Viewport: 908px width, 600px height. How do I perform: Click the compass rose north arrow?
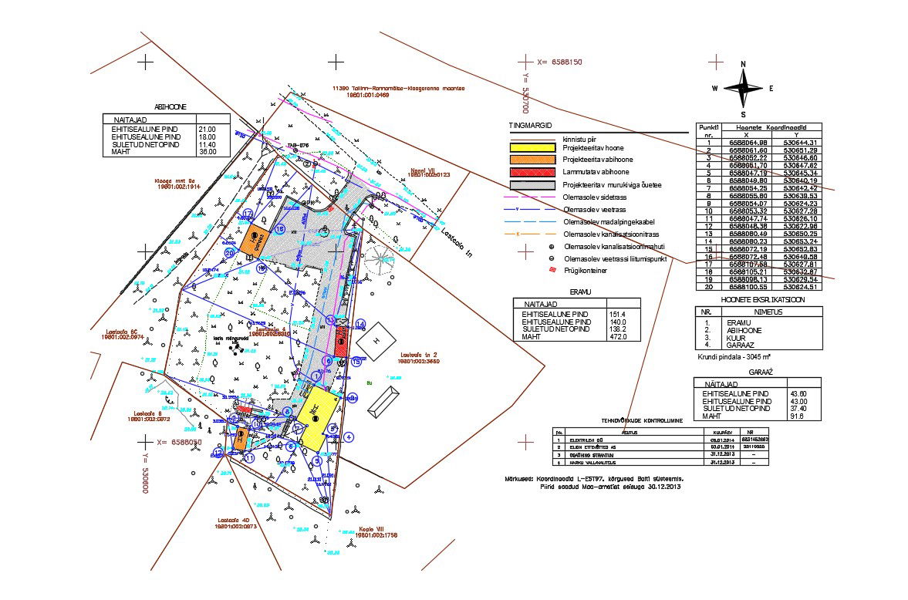(743, 75)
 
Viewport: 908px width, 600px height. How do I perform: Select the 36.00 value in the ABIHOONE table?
(207, 152)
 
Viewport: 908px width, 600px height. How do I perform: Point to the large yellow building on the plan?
(317, 420)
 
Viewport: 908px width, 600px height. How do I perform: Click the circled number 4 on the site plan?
(348, 437)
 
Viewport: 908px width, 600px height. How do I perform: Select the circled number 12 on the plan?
(218, 453)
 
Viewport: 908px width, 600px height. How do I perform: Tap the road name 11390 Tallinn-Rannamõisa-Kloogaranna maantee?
(397, 89)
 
